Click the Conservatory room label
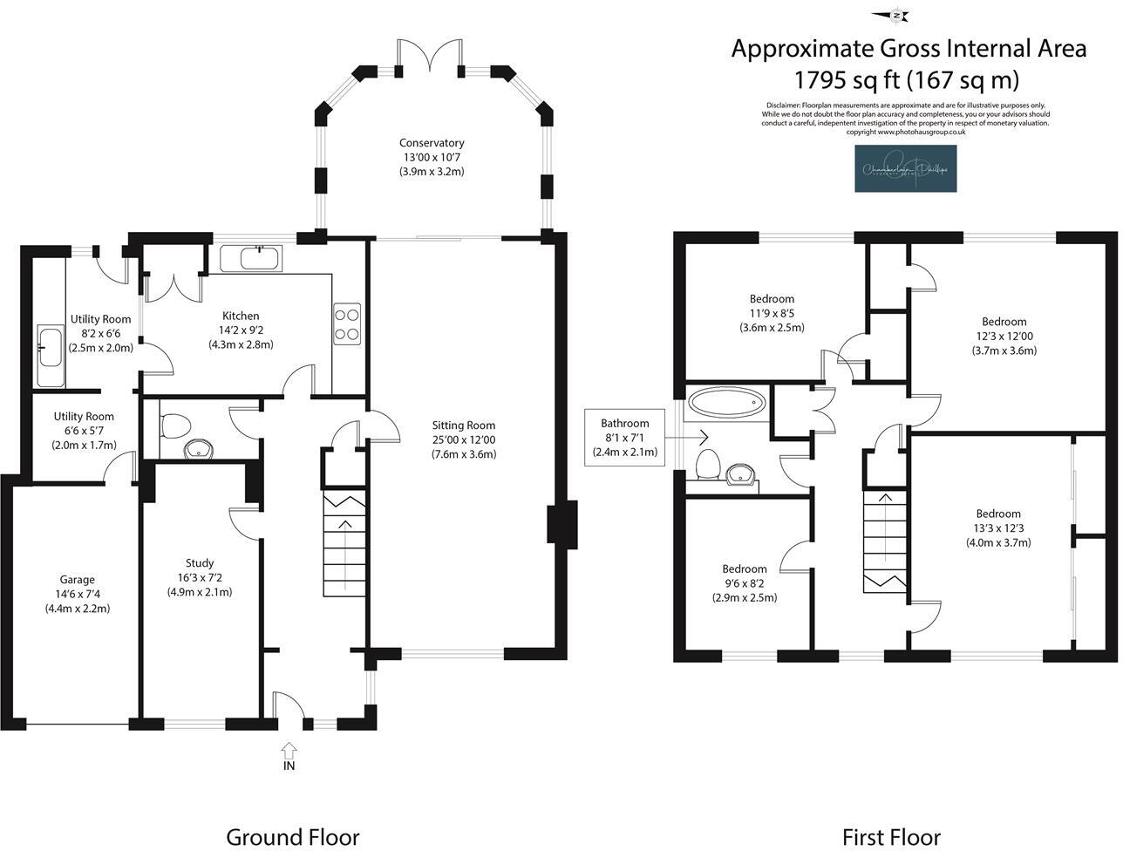click(x=432, y=143)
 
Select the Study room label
click(x=200, y=563)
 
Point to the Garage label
click(x=78, y=580)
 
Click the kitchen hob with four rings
click(x=347, y=323)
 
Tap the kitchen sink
click(x=250, y=258)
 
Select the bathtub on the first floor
click(x=727, y=404)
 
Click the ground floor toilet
click(x=175, y=426)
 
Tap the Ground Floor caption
click(x=292, y=837)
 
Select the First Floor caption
click(x=891, y=837)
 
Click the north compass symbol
click(x=895, y=15)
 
